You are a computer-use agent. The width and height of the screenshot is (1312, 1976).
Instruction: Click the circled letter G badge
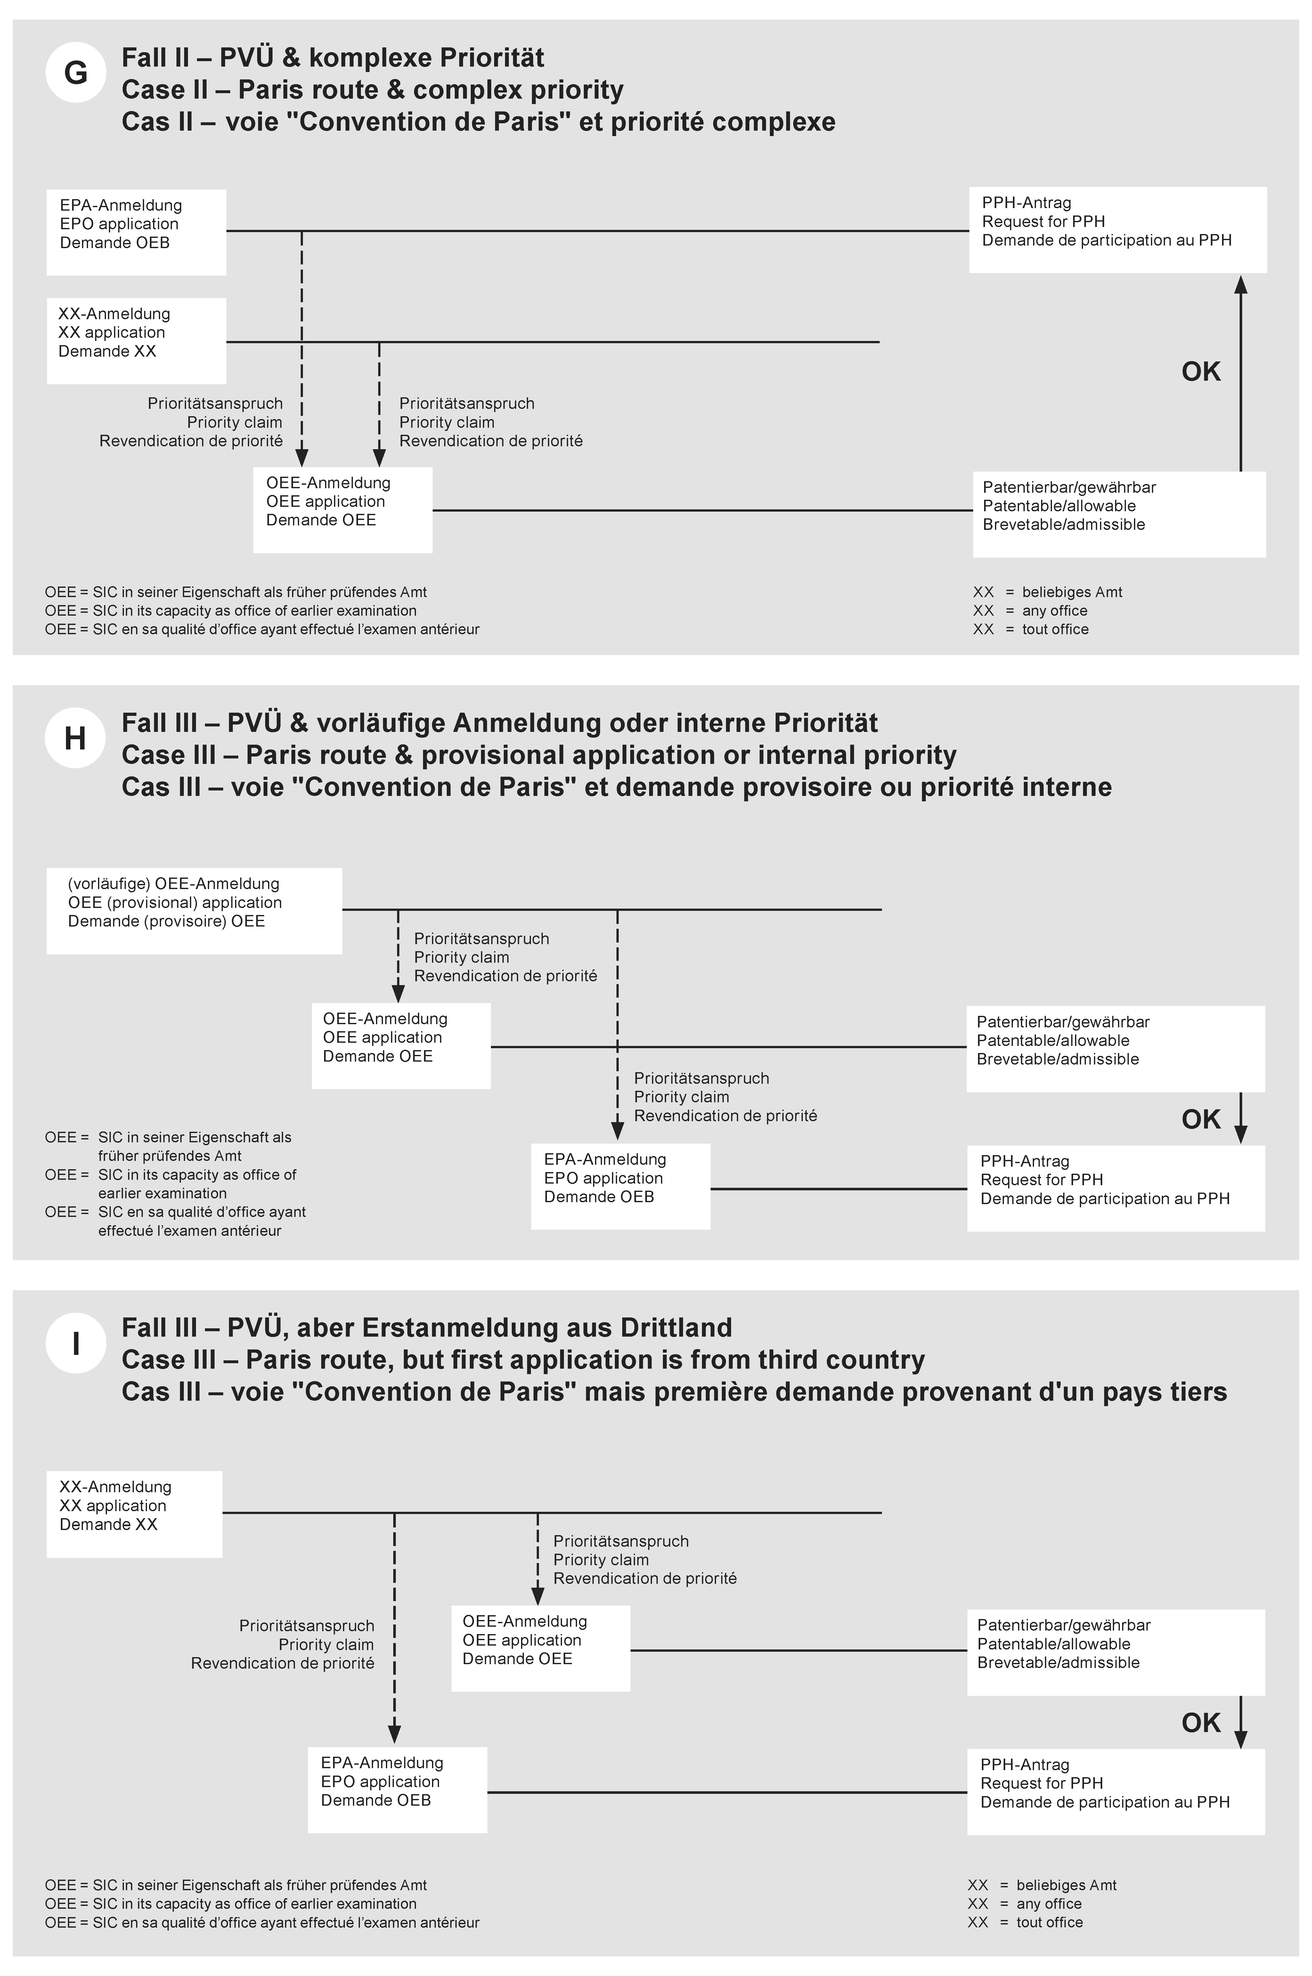coord(75,73)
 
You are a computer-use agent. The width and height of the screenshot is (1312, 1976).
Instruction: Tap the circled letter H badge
coord(75,738)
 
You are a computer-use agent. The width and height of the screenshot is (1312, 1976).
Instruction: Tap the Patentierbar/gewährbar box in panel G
coord(1119,514)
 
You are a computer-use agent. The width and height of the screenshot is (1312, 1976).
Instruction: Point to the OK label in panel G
coord(1201,371)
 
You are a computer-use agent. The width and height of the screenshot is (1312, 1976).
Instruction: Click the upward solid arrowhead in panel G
coord(1241,286)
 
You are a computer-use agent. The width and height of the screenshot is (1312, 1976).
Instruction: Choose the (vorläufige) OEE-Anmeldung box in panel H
coord(194,910)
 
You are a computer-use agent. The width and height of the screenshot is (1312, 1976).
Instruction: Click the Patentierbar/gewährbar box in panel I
coord(1115,1652)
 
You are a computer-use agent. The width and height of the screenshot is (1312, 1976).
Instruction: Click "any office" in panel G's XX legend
coord(1054,611)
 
